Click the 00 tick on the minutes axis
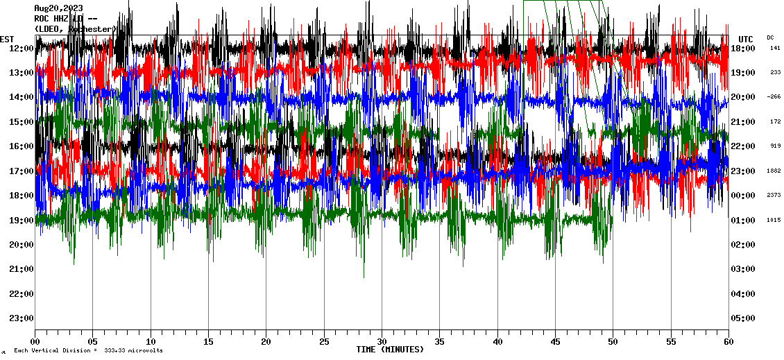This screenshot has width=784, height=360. (x=35, y=342)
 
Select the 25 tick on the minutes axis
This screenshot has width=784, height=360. (x=324, y=342)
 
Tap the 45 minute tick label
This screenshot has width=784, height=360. (x=555, y=342)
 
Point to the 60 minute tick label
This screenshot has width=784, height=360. (x=728, y=342)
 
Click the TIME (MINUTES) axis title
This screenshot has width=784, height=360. (x=390, y=350)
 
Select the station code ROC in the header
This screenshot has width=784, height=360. (x=42, y=19)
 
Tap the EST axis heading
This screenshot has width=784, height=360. (x=7, y=39)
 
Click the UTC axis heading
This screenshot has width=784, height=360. (x=746, y=39)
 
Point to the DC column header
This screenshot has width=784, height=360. (x=770, y=37)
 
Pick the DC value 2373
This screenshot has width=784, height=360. (x=774, y=196)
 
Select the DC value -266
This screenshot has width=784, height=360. (x=774, y=97)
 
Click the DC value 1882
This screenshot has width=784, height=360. (x=774, y=171)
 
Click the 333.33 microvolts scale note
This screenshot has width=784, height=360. (x=133, y=351)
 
